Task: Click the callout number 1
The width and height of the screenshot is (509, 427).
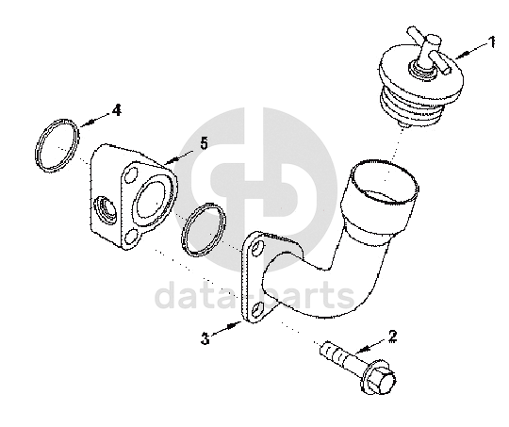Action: point(492,41)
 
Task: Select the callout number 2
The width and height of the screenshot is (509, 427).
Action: point(393,337)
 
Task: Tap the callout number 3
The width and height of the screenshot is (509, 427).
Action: point(205,338)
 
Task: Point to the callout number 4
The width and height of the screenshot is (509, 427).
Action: point(117,110)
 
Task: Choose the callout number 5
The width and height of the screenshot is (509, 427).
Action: point(204,143)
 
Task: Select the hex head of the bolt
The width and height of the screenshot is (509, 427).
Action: point(380,379)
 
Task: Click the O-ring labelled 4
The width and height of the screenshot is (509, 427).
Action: point(57,145)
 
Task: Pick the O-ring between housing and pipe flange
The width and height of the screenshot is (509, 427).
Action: point(204,229)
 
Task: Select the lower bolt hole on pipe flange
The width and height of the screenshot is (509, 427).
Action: point(257,309)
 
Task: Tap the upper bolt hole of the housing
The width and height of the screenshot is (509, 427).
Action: point(130,174)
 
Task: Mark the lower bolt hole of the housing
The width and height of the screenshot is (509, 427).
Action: point(130,237)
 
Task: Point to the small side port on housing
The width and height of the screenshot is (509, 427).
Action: point(105,210)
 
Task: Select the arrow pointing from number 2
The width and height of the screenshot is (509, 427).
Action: point(371,346)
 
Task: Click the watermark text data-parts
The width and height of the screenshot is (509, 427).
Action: point(254,295)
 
